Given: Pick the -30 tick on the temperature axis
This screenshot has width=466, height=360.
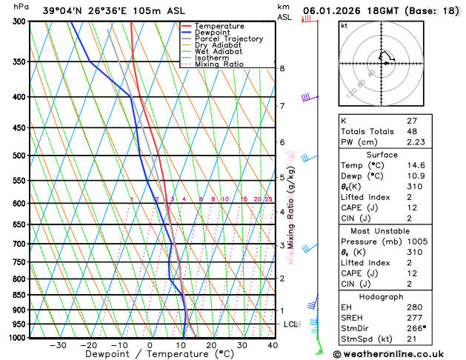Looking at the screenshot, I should click(57, 345).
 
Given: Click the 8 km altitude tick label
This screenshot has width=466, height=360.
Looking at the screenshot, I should click(282, 69).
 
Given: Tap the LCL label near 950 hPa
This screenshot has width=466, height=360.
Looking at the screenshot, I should click(290, 324).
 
